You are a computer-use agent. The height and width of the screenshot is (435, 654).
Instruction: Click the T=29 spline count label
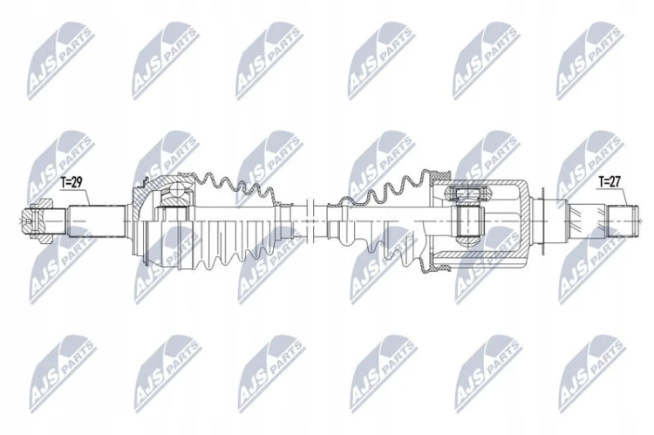tap(72, 182)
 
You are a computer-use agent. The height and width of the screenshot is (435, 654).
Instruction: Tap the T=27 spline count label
tap(610, 182)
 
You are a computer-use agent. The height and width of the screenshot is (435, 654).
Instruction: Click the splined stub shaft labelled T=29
tap(97, 221)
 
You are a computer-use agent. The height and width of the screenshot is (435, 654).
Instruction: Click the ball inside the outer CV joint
tap(177, 192)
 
